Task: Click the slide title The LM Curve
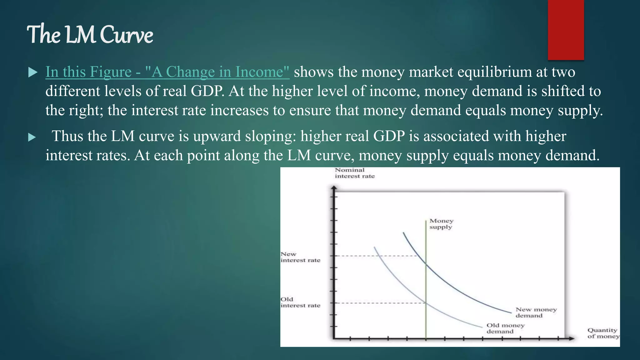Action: (x=90, y=34)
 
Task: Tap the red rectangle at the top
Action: (x=566, y=30)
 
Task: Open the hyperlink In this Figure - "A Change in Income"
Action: (x=167, y=72)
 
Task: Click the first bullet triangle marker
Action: (x=32, y=72)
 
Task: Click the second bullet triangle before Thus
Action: (x=32, y=137)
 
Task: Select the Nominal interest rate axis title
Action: (x=354, y=173)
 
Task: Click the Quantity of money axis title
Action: (x=603, y=333)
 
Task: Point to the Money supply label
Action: (x=441, y=224)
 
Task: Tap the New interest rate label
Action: (x=300, y=257)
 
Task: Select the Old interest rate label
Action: (x=300, y=302)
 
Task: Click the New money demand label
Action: (x=536, y=312)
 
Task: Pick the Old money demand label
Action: (x=505, y=328)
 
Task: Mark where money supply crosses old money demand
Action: (x=426, y=302)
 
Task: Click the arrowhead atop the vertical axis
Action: (x=334, y=187)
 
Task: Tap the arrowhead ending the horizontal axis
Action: (x=572, y=338)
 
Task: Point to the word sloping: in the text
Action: (x=271, y=137)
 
